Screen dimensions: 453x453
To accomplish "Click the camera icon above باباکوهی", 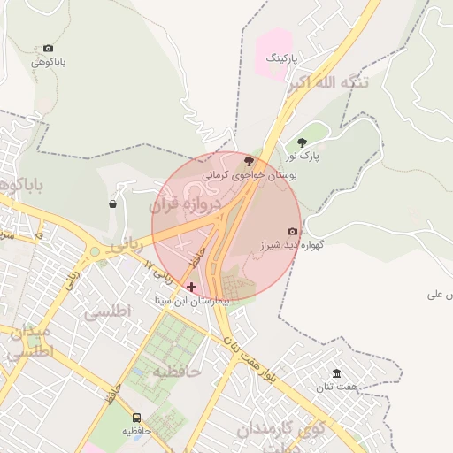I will (x=48, y=49).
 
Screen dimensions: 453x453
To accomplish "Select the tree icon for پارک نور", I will (x=303, y=142).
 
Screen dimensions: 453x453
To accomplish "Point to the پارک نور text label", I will (x=302, y=156).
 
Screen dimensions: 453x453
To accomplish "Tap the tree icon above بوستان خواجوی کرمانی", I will (x=249, y=161).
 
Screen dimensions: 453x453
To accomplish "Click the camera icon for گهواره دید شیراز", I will (x=293, y=231).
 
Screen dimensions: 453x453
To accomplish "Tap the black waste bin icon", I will (x=112, y=203).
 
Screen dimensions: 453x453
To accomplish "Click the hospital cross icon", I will (x=191, y=287).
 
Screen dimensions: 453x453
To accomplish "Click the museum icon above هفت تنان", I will (x=336, y=373).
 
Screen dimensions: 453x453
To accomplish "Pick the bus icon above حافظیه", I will (x=136, y=418).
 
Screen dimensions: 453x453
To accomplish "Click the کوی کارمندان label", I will (x=274, y=431).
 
